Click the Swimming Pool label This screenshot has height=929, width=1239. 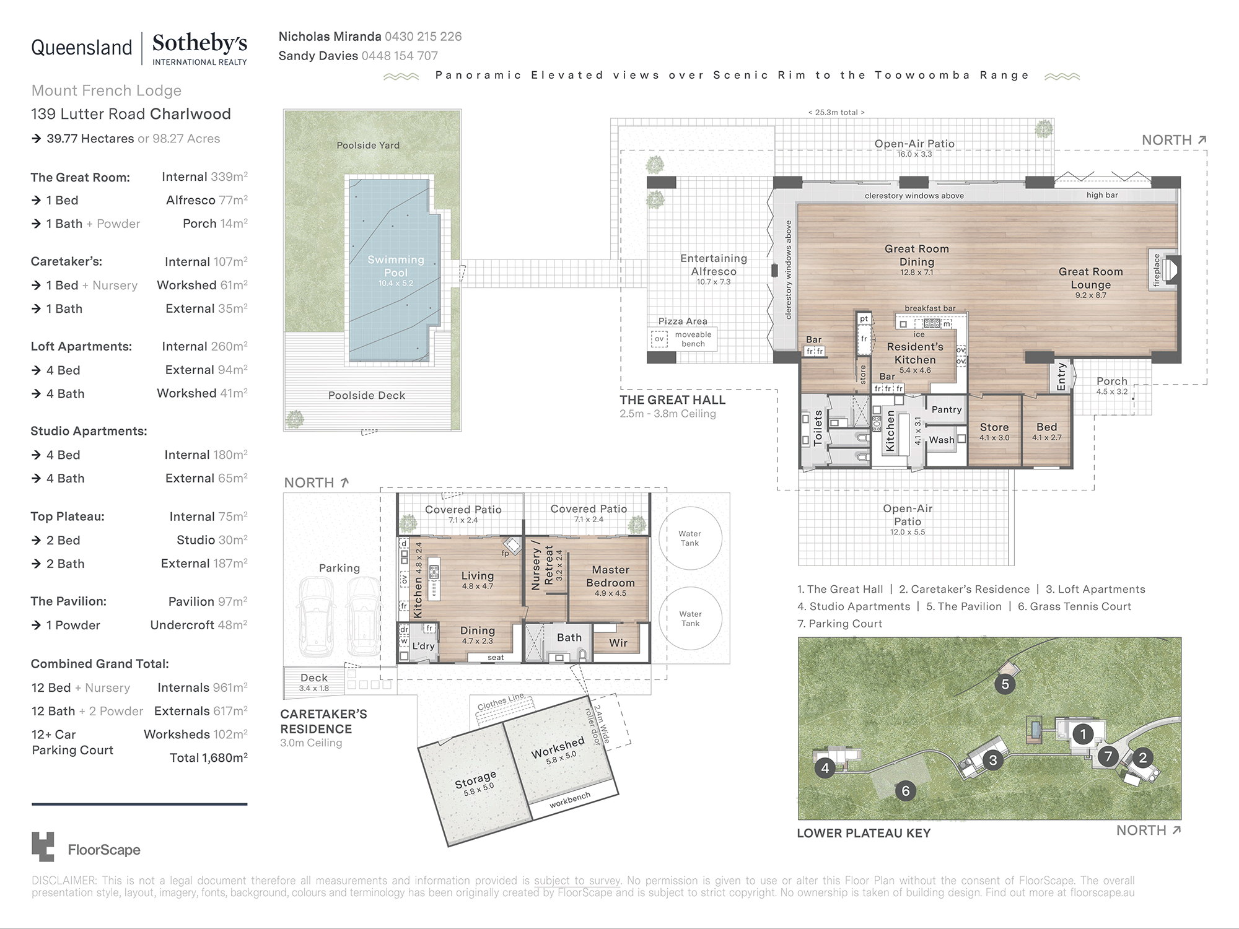pos(396,266)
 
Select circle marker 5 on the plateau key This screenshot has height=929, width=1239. pos(1005,684)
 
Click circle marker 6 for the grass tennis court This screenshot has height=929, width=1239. pos(905,791)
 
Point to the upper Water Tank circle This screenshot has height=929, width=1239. pos(690,538)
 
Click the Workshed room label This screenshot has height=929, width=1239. pos(558,748)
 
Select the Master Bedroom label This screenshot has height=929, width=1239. pos(610,576)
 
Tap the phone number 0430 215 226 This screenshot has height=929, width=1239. pos(423,37)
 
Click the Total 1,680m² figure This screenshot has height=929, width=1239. pos(209,757)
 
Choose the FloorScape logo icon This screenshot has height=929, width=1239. pos(43,846)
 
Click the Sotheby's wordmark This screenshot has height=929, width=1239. pos(199,43)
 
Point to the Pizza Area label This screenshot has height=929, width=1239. pos(683,321)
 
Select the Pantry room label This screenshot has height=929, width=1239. pos(946,409)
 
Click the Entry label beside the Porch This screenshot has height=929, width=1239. pos(1061,377)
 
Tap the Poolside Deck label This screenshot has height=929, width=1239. pos(367,395)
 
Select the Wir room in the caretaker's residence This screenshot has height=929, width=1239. pos(618,643)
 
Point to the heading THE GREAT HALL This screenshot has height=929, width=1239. pos(672,400)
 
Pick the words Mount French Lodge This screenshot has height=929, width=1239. pos(107,90)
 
